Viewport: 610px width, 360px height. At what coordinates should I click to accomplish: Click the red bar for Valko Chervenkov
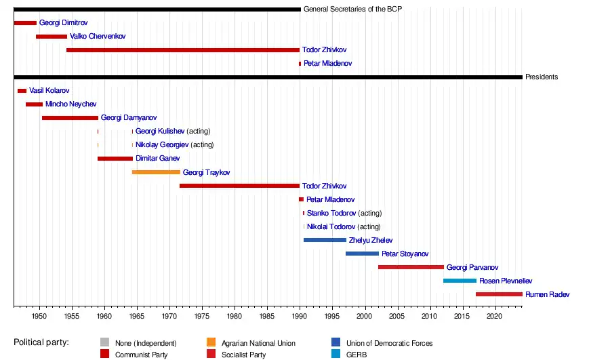coord(52,36)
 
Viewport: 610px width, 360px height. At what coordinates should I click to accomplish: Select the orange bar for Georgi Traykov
coord(156,172)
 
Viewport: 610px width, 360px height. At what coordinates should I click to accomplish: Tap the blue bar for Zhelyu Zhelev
coord(325,240)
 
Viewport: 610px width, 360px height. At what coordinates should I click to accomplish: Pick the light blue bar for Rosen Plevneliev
coord(460,281)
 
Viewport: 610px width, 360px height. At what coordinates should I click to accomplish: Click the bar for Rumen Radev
coord(499,294)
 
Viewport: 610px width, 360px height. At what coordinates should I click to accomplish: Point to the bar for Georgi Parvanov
coord(411,267)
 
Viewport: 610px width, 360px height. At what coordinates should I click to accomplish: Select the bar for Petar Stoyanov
coord(362,254)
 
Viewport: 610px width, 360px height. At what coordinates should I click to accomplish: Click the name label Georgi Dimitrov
coord(63,22)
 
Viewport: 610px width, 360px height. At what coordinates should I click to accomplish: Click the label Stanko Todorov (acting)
coord(344,213)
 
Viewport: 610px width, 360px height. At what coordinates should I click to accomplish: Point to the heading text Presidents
coord(542,77)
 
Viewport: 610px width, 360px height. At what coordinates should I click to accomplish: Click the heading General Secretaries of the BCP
coord(352,9)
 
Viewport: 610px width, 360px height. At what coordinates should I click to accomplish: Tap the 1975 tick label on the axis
coord(202,317)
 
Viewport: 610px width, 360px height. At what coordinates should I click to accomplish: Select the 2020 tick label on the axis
coord(495,317)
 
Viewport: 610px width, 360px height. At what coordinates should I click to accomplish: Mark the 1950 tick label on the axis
coord(39,317)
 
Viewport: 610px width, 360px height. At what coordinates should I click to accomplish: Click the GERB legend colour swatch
coord(336,354)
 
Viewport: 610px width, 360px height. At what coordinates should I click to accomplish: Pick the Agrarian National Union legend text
coord(258,343)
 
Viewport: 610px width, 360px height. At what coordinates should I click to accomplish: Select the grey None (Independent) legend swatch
coord(104,343)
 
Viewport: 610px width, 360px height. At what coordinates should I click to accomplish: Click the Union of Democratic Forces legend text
coord(389,343)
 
